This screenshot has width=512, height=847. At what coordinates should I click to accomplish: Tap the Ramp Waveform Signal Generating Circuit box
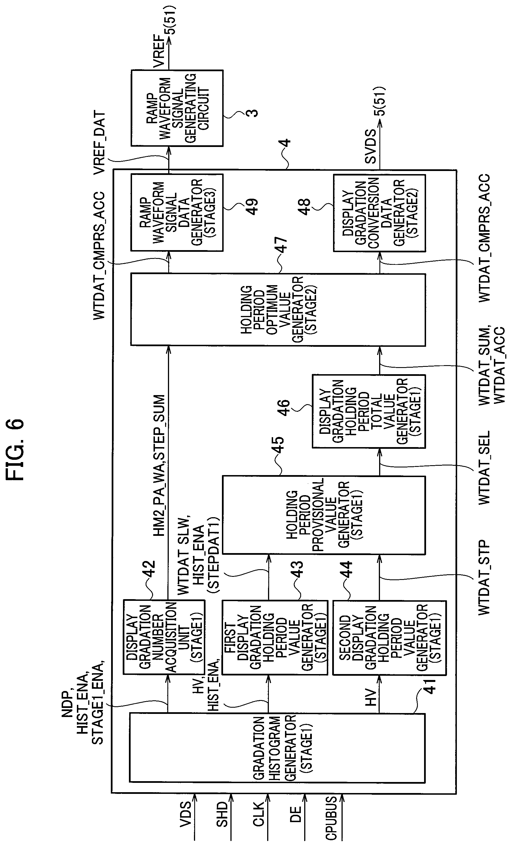point(177,108)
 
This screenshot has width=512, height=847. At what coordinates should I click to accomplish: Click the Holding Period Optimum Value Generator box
point(278,309)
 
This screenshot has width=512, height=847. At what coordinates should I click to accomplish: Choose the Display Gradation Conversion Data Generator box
point(379,213)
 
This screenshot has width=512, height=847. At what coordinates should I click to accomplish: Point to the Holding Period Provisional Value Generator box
point(323,515)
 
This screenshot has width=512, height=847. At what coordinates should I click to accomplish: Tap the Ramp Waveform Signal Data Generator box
point(177,213)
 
